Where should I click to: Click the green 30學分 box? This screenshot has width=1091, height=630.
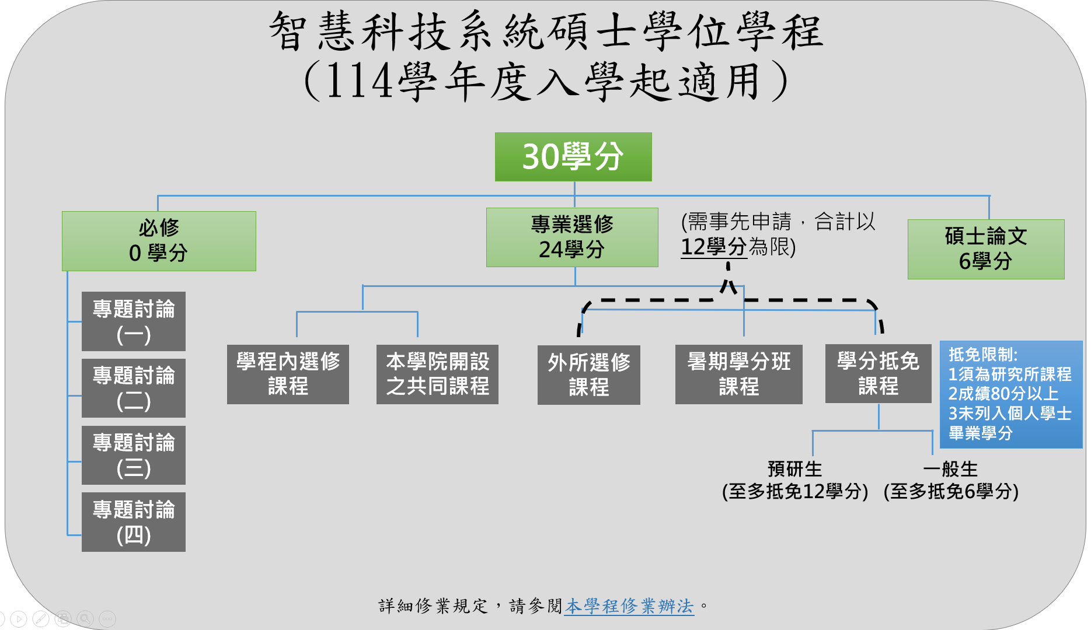[x=573, y=157]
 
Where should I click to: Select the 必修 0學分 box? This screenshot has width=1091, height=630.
[x=159, y=241]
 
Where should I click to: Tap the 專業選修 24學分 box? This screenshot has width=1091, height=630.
[x=572, y=237]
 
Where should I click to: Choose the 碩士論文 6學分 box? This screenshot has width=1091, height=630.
[x=985, y=249]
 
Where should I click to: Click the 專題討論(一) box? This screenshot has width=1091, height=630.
[x=134, y=321]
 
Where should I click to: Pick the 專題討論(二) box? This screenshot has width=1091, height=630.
[x=134, y=388]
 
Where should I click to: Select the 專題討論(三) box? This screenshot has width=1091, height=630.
[x=134, y=455]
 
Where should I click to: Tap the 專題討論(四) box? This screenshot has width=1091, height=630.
[x=134, y=522]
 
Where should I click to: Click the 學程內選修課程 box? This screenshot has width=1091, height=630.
[x=288, y=374]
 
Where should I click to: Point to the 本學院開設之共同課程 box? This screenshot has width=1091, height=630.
[x=437, y=374]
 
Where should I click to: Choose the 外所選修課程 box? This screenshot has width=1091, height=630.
[x=588, y=375]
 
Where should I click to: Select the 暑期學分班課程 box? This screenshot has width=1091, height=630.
[x=738, y=374]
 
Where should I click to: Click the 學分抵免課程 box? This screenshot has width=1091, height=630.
[x=878, y=374]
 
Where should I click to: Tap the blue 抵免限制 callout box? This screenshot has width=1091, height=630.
[x=1010, y=394]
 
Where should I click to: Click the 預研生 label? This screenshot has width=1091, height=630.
[x=794, y=469]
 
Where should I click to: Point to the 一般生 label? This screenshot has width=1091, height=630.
[x=950, y=469]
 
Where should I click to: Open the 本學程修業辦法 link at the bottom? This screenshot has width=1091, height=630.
[x=629, y=606]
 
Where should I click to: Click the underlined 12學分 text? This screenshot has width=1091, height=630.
[x=713, y=247]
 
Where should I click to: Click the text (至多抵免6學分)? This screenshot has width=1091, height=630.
[x=951, y=492]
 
